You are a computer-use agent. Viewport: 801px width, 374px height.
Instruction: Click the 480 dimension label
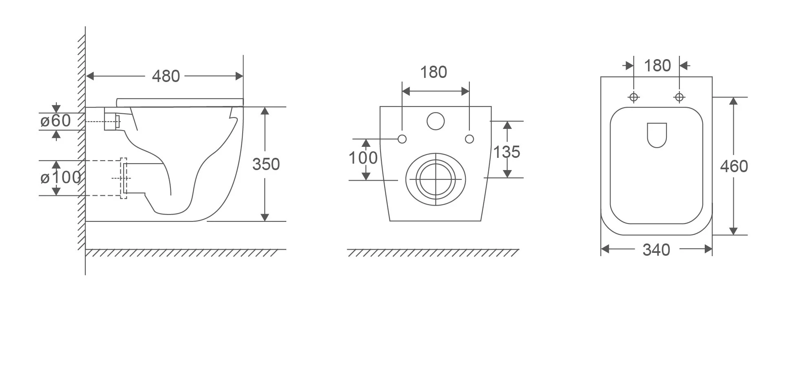[x=166, y=76]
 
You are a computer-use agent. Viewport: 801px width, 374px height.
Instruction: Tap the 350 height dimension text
[x=266, y=164]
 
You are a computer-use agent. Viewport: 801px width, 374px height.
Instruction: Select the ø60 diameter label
[x=56, y=121]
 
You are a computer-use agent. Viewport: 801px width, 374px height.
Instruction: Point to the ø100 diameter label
[x=60, y=177]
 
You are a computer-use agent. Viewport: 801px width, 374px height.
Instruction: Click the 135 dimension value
[x=507, y=152]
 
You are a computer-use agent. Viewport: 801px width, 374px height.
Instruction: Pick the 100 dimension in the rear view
[x=363, y=158]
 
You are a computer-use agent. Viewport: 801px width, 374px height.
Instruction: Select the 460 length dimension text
[x=734, y=166]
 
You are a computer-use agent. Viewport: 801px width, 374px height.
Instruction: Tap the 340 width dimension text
[x=656, y=250]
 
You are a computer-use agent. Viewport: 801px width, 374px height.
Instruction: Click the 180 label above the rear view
[x=434, y=72]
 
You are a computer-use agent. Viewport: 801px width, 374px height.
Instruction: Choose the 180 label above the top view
[x=657, y=66]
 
